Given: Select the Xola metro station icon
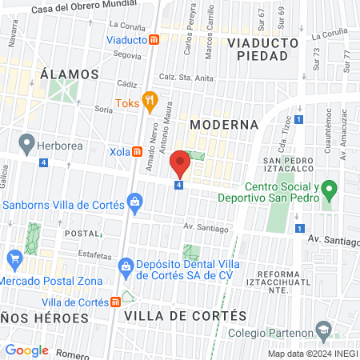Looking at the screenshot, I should [x=138, y=150].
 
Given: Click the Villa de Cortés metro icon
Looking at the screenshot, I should [x=116, y=302].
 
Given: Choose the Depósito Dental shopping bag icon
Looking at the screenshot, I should [x=125, y=265].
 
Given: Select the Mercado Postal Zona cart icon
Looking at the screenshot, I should [x=14, y=258].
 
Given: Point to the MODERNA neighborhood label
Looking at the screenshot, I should [x=225, y=125].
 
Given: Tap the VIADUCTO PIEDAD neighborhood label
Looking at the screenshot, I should [x=257, y=49].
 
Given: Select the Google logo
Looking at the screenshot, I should [x=26, y=350].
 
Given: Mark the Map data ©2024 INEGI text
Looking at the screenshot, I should [x=312, y=354].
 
